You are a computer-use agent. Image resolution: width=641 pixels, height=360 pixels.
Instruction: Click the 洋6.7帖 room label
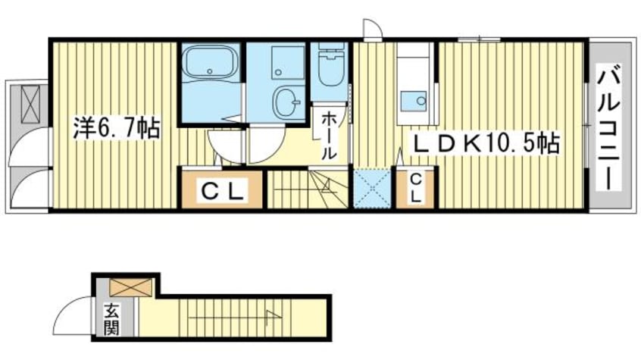pos(117,128)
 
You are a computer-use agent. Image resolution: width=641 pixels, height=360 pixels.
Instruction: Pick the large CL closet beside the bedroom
pos(222,189)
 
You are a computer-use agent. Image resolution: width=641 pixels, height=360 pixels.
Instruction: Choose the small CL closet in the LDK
pos(415,189)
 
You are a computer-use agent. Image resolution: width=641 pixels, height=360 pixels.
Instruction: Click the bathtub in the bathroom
pos(210,62)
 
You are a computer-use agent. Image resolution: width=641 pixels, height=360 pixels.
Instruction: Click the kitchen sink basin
pos(413,101)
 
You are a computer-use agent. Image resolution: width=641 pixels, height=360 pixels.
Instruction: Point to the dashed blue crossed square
pos(373,189)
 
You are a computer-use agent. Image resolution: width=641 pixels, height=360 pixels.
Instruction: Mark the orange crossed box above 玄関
pos(132,287)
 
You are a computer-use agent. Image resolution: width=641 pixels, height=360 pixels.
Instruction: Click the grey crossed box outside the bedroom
pos(30,104)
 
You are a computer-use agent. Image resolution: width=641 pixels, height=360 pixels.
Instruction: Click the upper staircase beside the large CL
pos(308,189)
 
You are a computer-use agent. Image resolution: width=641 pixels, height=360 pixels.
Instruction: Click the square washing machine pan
pos(288,62)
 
